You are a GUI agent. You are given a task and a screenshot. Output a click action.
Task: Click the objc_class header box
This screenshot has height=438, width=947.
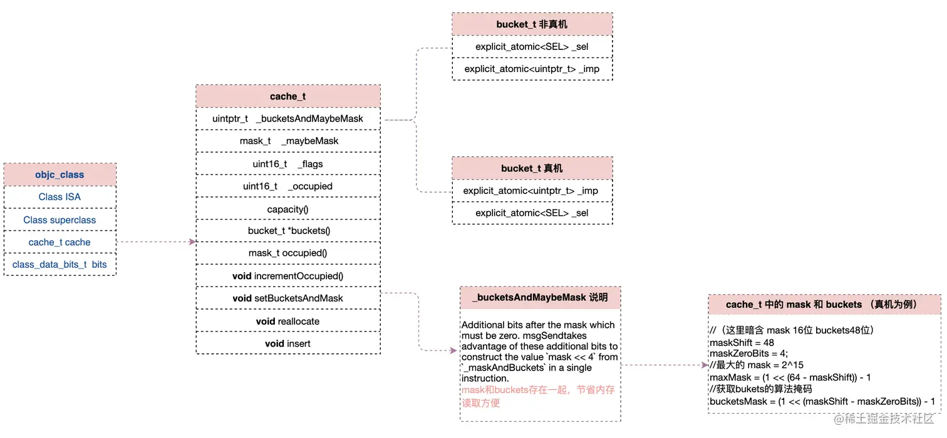(x=60, y=175)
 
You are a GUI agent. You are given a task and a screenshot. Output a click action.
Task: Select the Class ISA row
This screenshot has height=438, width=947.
(x=60, y=196)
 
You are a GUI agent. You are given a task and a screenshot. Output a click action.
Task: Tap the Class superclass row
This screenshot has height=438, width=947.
(x=60, y=220)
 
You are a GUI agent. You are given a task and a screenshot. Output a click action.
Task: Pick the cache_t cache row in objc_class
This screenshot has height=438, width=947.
(x=60, y=242)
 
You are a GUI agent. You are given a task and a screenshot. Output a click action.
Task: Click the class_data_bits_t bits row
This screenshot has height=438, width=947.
(x=60, y=265)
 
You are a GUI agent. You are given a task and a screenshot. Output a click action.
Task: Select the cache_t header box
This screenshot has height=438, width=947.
(x=288, y=96)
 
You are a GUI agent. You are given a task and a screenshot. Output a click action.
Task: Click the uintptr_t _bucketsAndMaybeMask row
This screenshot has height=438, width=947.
(x=288, y=118)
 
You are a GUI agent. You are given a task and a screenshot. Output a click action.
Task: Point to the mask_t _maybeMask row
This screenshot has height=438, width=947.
(x=288, y=141)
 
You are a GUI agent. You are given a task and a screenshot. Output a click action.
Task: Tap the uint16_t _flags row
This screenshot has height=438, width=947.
(x=288, y=164)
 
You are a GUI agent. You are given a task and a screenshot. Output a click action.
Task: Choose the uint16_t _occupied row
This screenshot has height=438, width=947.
(x=288, y=186)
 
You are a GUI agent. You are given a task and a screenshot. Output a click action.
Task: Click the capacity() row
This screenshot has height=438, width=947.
(x=288, y=209)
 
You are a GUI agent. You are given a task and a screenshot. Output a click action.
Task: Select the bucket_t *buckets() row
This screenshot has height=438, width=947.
(x=288, y=231)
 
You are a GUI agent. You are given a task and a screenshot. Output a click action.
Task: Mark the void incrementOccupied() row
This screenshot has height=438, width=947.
(x=288, y=276)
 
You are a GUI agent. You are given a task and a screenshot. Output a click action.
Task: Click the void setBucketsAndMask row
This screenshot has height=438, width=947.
(x=288, y=298)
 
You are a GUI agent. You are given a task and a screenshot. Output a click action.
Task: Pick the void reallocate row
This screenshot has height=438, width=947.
(x=288, y=321)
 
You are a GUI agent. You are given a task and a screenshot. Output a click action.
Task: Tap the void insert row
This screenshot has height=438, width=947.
(x=288, y=344)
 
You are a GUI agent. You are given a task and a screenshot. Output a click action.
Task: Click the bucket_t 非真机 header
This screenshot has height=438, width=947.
(x=532, y=24)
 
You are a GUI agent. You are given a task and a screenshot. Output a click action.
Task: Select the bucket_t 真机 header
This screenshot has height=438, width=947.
(x=532, y=168)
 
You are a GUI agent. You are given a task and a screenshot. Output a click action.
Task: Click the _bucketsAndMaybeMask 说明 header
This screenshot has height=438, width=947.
(x=540, y=298)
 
